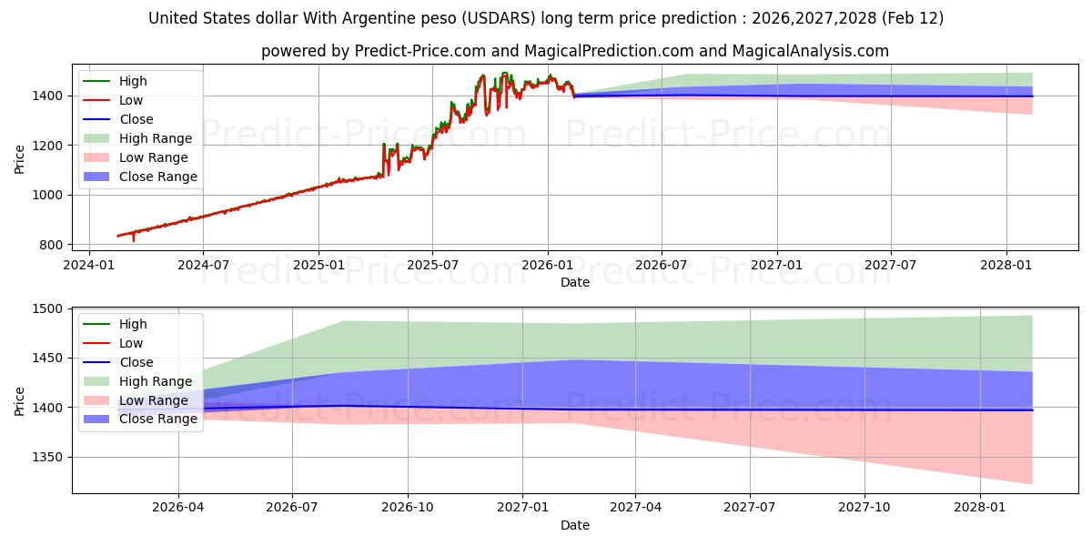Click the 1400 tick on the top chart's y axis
50,96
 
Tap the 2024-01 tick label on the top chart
88,265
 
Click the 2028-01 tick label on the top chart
1006,265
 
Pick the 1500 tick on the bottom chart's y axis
50,309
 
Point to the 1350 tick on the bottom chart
50,458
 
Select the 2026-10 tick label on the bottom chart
408,508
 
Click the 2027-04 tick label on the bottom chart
635,508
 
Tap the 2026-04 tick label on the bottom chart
178,508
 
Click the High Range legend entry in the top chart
155,138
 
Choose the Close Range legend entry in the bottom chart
157,420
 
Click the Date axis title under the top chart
574,282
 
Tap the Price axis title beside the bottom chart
20,400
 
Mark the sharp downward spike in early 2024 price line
134,240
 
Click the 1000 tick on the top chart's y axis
50,195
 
